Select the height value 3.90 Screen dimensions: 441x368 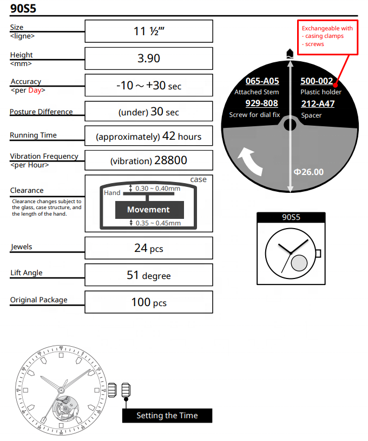pos(148,58)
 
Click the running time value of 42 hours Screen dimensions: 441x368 pos(148,136)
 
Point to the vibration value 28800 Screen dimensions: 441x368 pos(148,160)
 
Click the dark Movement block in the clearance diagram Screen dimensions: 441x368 pos(148,210)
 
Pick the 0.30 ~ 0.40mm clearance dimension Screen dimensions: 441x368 pos(158,189)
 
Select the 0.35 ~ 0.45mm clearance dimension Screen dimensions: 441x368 pos(158,223)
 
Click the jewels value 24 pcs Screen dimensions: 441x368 pos(148,248)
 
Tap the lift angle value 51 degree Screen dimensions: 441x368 pos(148,275)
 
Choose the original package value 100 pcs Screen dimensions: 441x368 pos(148,302)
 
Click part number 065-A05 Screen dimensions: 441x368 pos(262,81)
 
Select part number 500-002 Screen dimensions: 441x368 pos(317,81)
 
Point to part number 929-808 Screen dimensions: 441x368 pos(262,103)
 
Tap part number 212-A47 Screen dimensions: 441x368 pos(317,104)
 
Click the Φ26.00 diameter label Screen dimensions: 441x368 pos(308,172)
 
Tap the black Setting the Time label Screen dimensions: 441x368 pos(167,416)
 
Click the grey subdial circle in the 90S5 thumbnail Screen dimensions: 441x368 pos(299,263)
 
